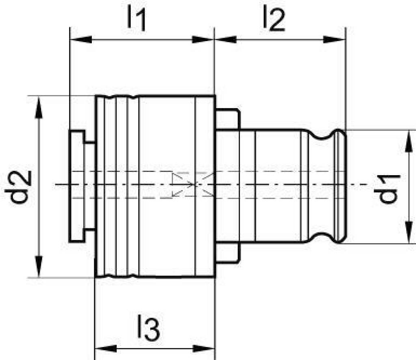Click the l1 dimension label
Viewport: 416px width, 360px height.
pos(136,19)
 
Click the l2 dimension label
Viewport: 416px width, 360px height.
pos(274,19)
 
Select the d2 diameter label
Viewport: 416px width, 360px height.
pos(18,187)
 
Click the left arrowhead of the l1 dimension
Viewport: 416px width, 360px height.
pos(81,40)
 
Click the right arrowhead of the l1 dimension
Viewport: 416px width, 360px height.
pos(203,40)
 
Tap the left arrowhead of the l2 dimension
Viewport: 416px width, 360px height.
pos(226,40)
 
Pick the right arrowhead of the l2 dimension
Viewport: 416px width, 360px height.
pos(334,40)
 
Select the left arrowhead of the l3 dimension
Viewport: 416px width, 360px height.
pos(106,348)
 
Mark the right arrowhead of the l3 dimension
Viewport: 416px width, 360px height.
pos(203,348)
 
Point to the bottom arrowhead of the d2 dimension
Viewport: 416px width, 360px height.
pos(39,266)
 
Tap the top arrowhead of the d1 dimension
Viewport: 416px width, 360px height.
pos(409,141)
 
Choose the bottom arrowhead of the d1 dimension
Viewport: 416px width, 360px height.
pos(409,232)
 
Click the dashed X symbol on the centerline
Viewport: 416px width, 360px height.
pos(193,184)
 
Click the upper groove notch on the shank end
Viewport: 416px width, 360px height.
pos(322,134)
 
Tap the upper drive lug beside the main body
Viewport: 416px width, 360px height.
pos(228,119)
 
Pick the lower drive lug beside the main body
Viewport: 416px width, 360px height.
pos(228,252)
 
